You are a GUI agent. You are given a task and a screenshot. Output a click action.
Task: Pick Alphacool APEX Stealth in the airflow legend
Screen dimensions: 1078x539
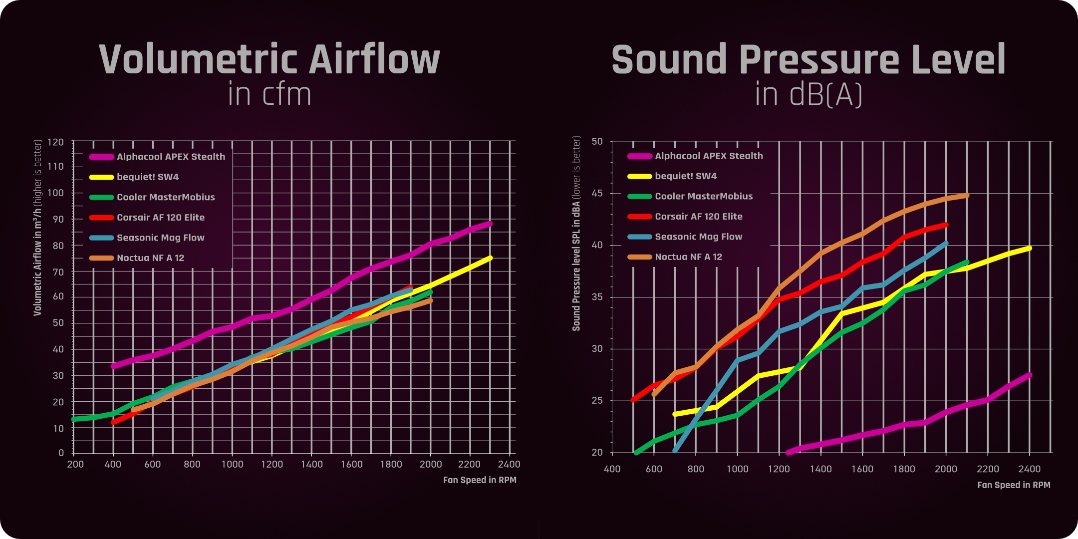point(171,157)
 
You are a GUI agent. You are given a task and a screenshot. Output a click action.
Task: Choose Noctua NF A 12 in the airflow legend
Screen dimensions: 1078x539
point(150,258)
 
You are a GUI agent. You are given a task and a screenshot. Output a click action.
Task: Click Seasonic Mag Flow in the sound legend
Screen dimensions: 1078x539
point(698,237)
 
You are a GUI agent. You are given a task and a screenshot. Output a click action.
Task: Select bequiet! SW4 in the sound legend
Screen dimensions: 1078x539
point(685,176)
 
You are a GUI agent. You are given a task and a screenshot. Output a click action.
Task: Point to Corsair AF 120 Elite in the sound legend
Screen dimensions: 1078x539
point(698,217)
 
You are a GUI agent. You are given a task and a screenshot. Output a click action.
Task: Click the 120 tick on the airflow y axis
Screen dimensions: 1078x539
point(55,142)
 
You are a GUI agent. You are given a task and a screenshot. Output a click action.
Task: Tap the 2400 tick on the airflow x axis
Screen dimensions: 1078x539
point(509,464)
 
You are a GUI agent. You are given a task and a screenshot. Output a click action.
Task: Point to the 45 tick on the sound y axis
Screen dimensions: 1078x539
point(597,193)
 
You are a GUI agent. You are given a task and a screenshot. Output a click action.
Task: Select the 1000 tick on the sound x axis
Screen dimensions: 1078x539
point(737,469)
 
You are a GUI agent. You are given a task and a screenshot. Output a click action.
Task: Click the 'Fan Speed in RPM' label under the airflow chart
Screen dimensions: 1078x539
point(480,480)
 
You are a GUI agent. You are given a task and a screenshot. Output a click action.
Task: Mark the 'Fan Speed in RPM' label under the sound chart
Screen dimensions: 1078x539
point(1014,485)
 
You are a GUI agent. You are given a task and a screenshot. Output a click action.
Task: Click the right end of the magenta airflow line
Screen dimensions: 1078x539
point(490,224)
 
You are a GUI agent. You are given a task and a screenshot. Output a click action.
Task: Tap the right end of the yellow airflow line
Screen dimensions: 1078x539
point(490,258)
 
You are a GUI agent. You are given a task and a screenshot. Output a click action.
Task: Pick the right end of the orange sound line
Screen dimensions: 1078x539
point(967,196)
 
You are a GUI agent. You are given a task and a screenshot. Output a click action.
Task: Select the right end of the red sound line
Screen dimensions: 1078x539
point(946,225)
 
